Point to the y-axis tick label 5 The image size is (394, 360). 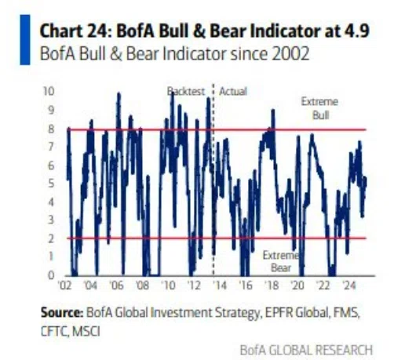[x=52, y=184]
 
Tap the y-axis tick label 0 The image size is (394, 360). [x=51, y=275]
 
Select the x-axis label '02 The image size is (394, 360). [x=64, y=285]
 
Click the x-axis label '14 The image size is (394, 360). [x=219, y=285]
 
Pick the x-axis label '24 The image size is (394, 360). [x=349, y=285]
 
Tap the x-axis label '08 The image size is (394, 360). [x=142, y=285]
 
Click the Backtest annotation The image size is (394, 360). [x=186, y=92]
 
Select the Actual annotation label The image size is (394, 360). [x=233, y=92]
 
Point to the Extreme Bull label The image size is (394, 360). [x=319, y=108]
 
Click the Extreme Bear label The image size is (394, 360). [x=281, y=261]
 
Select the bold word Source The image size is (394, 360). [x=62, y=312]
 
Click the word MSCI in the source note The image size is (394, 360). [x=86, y=332]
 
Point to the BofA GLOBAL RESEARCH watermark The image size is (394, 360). [x=306, y=350]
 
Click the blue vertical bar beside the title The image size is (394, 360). [x=25, y=40]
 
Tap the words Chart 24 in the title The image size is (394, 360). [x=75, y=31]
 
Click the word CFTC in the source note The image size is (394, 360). [x=55, y=332]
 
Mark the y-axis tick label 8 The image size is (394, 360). [x=51, y=129]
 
